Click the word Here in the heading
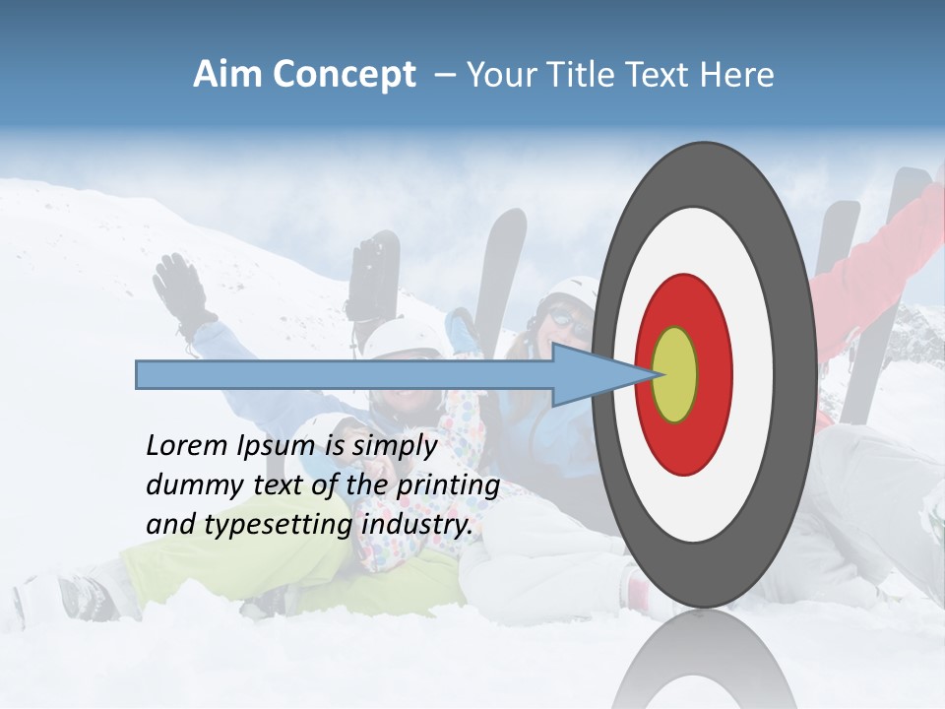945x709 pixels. tap(737, 75)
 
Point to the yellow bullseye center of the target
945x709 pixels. tap(674, 374)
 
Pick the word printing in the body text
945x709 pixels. tap(447, 485)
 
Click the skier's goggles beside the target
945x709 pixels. tap(563, 316)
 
